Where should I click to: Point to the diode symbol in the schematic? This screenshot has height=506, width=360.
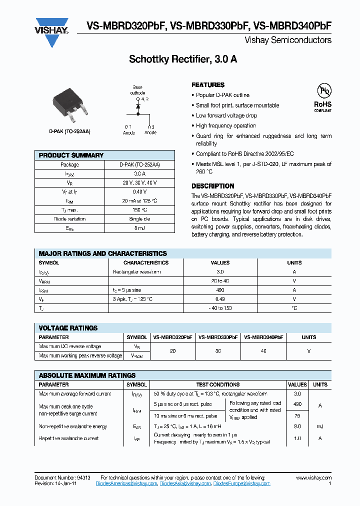(x=138, y=106)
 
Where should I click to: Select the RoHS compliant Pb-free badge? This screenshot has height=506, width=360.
(x=322, y=97)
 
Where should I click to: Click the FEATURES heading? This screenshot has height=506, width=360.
(x=208, y=85)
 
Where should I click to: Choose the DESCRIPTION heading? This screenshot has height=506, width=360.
(x=213, y=186)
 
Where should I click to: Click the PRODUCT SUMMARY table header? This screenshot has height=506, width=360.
(x=71, y=155)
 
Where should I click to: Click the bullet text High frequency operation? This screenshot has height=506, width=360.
(x=225, y=126)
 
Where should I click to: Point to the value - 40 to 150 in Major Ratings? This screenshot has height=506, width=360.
(x=220, y=308)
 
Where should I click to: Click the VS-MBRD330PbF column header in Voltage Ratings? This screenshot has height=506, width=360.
(x=218, y=337)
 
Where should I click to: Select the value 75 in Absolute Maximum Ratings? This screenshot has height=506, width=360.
(x=297, y=415)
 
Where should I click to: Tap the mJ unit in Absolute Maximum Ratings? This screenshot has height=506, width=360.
(x=320, y=426)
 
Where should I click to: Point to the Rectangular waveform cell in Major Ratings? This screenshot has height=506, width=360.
(x=137, y=272)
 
